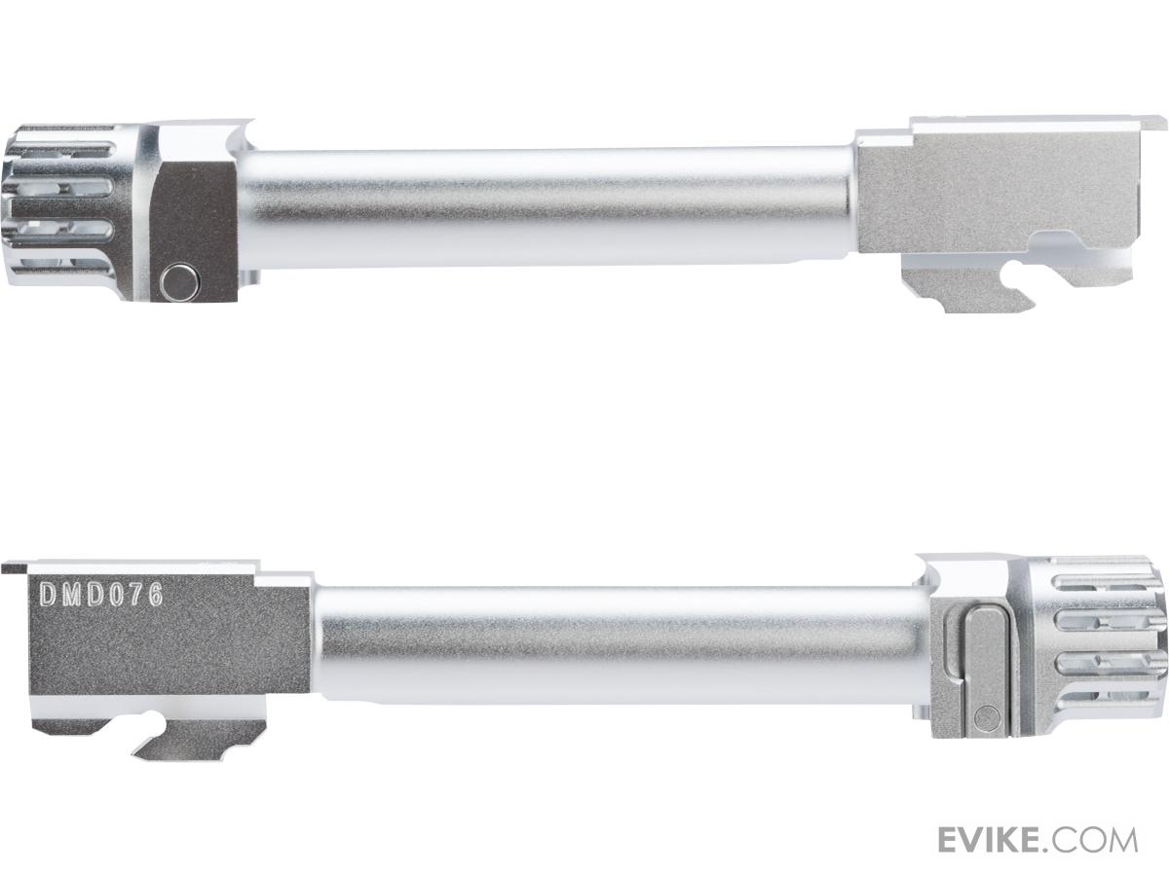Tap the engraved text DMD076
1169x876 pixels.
(100, 594)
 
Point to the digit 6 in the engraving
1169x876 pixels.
(155, 594)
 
